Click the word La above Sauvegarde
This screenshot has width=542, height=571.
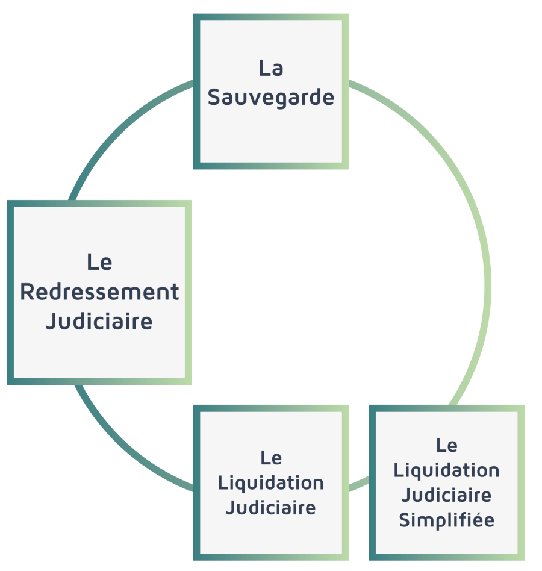(x=271, y=67)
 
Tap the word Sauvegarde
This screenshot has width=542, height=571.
(x=271, y=97)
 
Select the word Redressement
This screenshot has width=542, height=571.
(x=99, y=292)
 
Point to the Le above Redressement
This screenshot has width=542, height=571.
(x=99, y=262)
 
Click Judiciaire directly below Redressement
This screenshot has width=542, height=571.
(x=99, y=321)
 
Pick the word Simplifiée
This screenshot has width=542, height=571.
(x=446, y=520)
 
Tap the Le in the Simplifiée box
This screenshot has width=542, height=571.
(x=446, y=445)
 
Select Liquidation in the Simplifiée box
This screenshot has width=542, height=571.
(x=446, y=470)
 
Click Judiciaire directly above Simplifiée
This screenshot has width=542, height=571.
(x=446, y=495)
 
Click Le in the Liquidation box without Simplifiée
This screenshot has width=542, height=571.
(x=271, y=458)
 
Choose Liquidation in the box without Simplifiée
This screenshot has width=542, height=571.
(x=271, y=482)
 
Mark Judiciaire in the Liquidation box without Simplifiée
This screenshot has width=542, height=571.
(x=271, y=507)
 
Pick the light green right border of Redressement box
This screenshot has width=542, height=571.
(x=188, y=292)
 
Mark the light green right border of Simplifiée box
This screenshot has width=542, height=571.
(x=521, y=482)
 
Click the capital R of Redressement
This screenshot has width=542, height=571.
(x=27, y=292)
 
